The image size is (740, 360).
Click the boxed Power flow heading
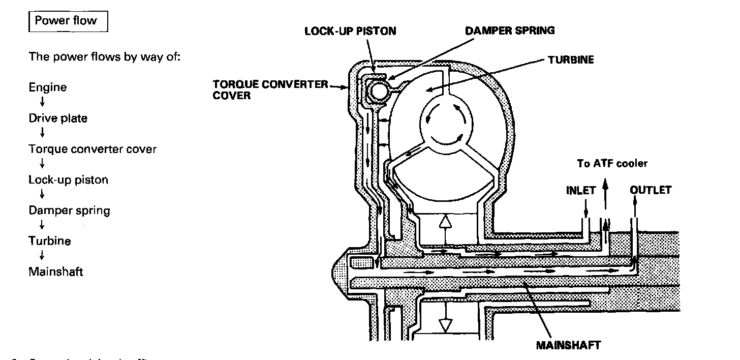coord(68,22)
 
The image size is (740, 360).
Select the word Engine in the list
coord(48,87)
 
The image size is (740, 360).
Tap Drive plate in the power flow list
coord(58,118)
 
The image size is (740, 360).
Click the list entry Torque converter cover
coord(92,149)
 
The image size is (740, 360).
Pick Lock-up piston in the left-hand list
coord(68,180)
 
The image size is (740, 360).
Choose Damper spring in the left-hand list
coord(69,211)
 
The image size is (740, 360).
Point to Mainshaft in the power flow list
coord(55,272)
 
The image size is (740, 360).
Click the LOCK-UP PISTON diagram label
coord(350,31)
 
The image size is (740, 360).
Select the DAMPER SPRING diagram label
coord(510,30)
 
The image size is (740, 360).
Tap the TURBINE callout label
coord(571,60)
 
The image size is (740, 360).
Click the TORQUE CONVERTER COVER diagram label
coord(270,89)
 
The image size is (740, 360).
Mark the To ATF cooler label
coord(612,163)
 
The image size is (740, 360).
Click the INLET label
coord(581,191)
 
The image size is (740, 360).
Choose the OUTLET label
coord(651,190)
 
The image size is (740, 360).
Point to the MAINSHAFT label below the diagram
coord(568,346)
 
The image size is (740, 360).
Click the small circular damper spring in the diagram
coord(378,92)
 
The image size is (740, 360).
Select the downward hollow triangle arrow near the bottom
coord(446,324)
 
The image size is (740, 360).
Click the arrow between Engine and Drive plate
coord(42,103)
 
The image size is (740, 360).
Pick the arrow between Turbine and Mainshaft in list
coord(42,256)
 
